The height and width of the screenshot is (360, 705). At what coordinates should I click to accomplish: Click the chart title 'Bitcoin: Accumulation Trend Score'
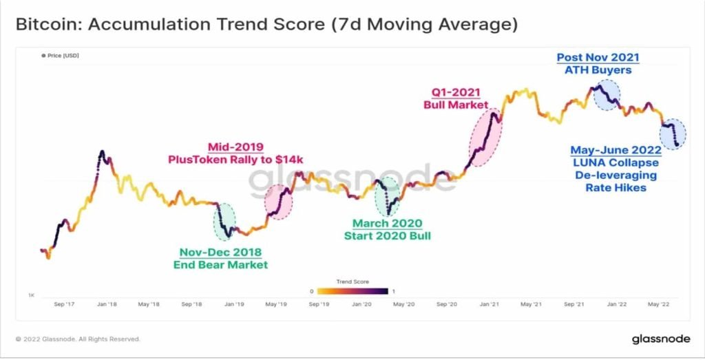[x=171, y=24]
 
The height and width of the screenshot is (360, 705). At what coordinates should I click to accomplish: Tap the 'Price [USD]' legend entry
[x=61, y=56]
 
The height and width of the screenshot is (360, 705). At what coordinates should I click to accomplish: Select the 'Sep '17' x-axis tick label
[x=64, y=304]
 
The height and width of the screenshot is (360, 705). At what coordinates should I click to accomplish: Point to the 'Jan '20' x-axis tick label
[x=362, y=304]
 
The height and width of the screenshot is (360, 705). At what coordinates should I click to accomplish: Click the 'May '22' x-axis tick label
[x=659, y=304]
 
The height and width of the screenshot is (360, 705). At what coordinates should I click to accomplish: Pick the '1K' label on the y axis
[x=32, y=295]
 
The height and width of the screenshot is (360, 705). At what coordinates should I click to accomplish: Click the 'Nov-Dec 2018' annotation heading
[x=220, y=252]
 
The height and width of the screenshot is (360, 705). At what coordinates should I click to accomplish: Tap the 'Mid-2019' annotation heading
[x=235, y=147]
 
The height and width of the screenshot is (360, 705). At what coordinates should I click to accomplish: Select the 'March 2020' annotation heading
[x=387, y=224]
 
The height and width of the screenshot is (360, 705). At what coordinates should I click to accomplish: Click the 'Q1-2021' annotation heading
[x=456, y=93]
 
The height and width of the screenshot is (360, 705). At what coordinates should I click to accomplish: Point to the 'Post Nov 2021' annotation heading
[x=598, y=58]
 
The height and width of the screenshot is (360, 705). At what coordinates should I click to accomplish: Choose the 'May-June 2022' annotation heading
[x=616, y=150]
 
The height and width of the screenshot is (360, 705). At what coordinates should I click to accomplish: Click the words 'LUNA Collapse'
[x=616, y=162]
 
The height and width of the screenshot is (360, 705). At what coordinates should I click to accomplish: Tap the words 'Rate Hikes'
[x=616, y=187]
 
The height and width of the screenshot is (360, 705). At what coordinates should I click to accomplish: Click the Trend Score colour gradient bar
[x=352, y=291]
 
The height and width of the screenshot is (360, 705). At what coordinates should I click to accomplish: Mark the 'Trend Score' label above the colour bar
[x=352, y=282]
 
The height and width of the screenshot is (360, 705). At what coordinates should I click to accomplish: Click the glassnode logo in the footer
[x=661, y=339]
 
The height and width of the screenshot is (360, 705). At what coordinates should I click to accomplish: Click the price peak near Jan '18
[x=102, y=152]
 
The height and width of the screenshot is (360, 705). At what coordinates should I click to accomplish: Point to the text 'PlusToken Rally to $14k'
[x=235, y=160]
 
